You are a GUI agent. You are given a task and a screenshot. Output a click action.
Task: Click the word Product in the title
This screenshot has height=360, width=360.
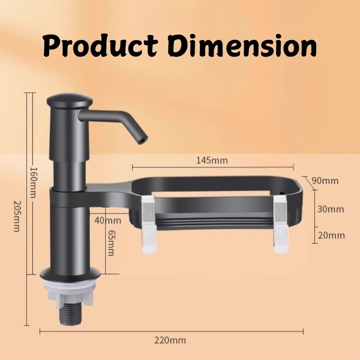[100, 46]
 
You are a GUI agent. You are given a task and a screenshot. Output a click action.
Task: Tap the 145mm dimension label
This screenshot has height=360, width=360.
[212, 160]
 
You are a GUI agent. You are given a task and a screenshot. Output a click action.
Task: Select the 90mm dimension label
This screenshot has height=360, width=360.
[325, 181]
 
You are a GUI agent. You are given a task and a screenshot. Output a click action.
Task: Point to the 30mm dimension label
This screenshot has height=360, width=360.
[330, 209]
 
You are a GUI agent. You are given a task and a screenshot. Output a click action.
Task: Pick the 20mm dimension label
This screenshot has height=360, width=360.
[331, 235]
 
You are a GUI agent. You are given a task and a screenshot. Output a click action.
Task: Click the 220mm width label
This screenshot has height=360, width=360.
[170, 340]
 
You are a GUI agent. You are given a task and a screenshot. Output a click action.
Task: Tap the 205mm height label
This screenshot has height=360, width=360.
[17, 216]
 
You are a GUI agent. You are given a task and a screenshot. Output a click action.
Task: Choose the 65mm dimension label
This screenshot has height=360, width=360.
[111, 243]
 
